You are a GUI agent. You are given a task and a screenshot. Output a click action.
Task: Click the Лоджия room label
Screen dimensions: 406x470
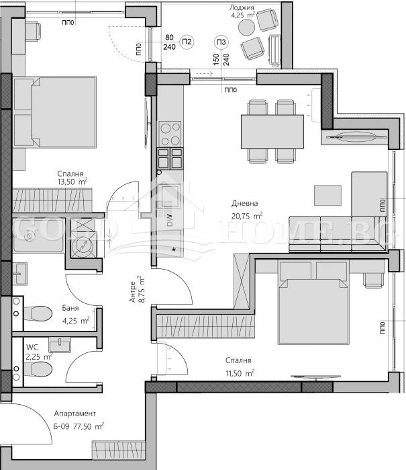click(x=242, y=7)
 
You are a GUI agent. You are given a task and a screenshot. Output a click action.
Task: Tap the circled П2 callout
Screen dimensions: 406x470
click(x=187, y=42)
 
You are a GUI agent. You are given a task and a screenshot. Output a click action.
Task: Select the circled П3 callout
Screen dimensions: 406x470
click(x=221, y=42)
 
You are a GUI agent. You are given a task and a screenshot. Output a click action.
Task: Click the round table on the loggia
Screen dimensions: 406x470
click(x=246, y=28)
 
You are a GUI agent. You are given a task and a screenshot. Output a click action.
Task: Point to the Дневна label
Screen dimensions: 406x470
click(x=244, y=203)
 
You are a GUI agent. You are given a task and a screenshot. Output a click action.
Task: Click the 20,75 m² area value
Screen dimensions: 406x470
click(x=247, y=216)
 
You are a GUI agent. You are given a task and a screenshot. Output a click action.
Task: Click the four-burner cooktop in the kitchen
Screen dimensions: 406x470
click(x=170, y=134)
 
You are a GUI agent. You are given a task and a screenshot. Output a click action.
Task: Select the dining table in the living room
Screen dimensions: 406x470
click(x=272, y=132)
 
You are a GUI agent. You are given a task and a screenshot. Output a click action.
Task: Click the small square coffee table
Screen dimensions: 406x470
click(x=327, y=196)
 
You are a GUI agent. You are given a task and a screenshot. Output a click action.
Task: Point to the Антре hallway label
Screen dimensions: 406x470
click(x=133, y=292)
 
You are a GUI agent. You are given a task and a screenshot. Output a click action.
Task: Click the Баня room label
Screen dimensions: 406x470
click(x=70, y=308)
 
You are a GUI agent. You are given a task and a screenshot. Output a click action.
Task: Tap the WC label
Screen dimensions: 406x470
click(x=32, y=347)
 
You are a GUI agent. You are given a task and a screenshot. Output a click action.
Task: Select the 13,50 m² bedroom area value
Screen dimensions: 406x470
click(x=72, y=182)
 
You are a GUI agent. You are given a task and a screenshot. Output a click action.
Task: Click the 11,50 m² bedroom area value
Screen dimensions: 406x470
click(x=240, y=373)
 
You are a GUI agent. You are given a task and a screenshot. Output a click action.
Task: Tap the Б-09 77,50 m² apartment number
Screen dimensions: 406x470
click(x=79, y=426)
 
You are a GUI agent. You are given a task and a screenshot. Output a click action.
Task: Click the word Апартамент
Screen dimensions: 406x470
click(x=74, y=414)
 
